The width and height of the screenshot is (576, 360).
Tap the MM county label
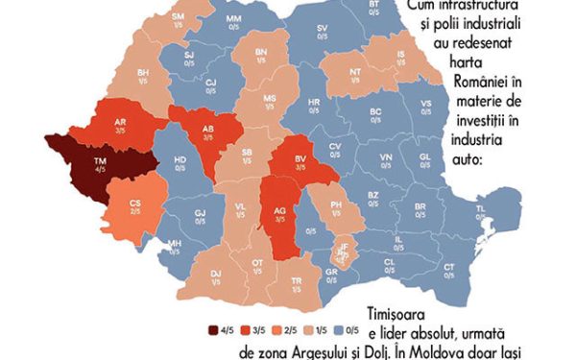tap(233, 20)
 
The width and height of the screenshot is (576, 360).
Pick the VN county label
tap(386, 156)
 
